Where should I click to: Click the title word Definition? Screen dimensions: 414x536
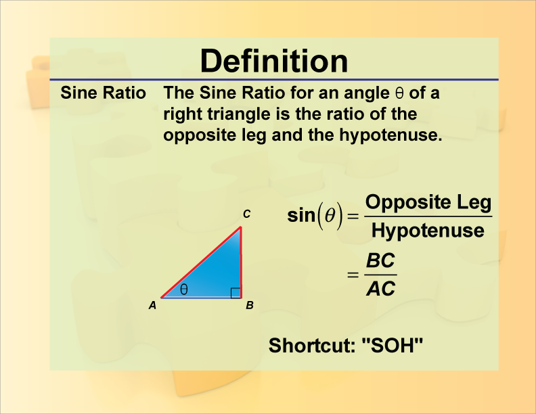274,61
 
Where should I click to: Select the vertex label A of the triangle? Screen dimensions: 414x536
153,305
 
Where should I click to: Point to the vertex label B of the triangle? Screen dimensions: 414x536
249,305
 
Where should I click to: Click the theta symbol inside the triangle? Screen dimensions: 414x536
184,289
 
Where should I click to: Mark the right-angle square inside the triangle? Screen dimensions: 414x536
235,292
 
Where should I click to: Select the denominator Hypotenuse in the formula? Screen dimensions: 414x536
428,231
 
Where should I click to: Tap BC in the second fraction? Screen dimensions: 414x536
380,260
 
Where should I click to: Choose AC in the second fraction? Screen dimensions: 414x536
380,290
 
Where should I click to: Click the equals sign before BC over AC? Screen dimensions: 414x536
351,275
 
